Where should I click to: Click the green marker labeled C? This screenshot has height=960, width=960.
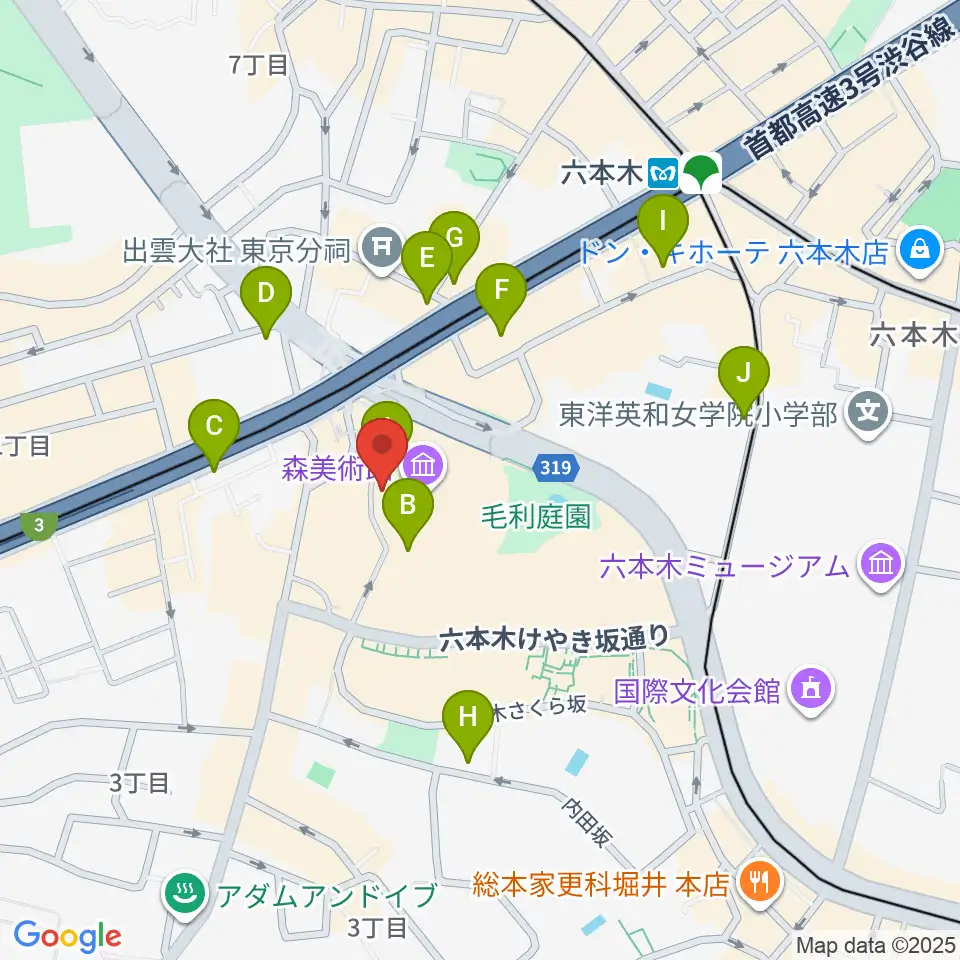(214, 428)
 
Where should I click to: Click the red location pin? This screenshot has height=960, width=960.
(382, 448)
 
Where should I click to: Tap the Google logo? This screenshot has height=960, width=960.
(67, 937)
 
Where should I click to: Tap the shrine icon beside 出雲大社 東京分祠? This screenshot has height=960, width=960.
(381, 245)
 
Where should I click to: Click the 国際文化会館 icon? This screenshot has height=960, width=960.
(811, 689)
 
